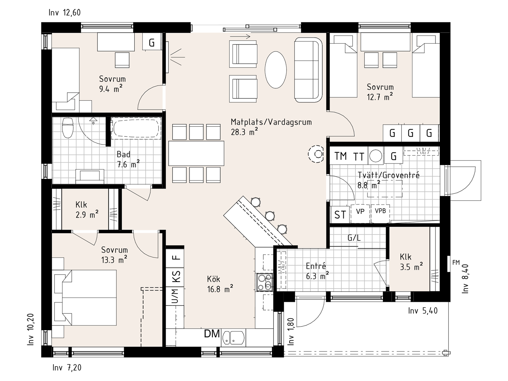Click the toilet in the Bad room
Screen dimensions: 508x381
tap(68, 128)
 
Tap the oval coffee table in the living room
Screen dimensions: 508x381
tap(276, 70)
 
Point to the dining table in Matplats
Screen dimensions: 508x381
tap(196, 153)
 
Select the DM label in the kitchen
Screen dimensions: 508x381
tap(212, 334)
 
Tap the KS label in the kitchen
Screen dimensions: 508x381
tap(176, 276)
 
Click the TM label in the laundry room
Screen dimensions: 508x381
tap(340, 156)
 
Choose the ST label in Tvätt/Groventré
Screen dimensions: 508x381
tap(340, 215)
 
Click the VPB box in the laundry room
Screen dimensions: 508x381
tap(380, 213)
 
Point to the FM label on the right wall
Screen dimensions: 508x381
tap(456, 263)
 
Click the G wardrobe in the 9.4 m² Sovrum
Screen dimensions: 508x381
tap(152, 43)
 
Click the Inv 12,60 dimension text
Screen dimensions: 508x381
tap(65, 13)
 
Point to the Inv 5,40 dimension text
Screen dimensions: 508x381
tap(423, 311)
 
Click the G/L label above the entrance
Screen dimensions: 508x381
tap(354, 238)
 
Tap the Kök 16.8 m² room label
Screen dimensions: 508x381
tap(220, 284)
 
